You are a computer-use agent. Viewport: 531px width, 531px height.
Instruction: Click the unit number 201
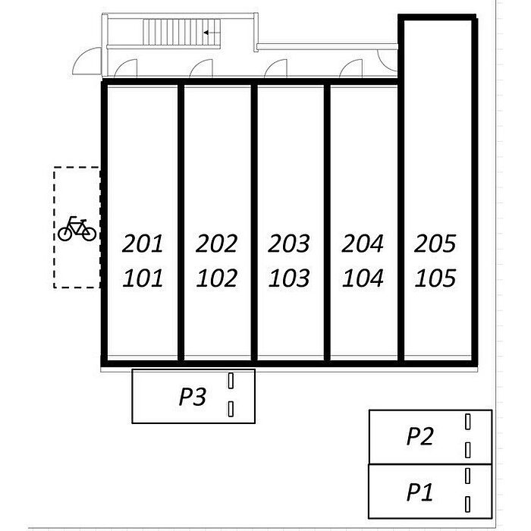(143, 244)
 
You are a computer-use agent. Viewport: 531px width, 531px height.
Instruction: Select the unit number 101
(143, 278)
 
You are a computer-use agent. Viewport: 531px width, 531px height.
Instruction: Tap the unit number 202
(217, 244)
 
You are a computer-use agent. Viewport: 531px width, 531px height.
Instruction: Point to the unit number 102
(217, 278)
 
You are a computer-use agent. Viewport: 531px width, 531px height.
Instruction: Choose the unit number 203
(289, 244)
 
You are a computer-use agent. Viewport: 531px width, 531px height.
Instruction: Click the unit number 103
(289, 278)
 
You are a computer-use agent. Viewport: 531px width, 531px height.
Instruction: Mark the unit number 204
(363, 244)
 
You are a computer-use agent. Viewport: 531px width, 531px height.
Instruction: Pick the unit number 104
(363, 278)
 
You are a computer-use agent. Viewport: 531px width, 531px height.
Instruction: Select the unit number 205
(435, 244)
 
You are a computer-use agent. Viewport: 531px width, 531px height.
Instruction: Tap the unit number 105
(435, 278)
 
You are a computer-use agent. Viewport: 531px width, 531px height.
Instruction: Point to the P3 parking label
(193, 397)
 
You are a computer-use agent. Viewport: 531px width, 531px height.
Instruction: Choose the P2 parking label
(419, 436)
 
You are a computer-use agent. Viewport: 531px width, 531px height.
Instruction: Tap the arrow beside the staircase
(213, 33)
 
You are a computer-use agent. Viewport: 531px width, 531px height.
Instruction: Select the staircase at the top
(174, 33)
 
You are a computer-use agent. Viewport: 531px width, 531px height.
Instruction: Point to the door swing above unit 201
(126, 68)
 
